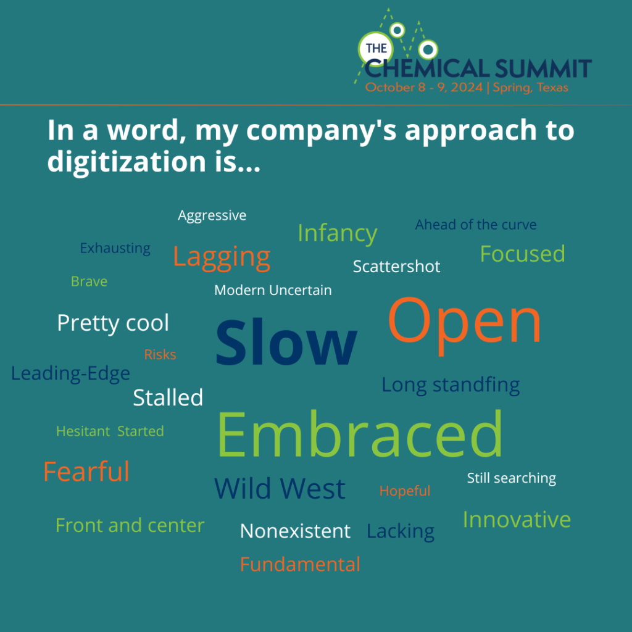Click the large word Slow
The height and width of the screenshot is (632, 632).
tap(286, 342)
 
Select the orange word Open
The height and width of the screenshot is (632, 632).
tap(464, 325)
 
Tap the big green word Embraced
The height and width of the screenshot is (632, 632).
tap(360, 434)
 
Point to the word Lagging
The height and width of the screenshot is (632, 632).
tap(222, 259)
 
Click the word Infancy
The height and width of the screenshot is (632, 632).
tap(338, 234)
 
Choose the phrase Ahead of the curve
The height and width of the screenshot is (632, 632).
tap(476, 225)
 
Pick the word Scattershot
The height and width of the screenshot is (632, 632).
tap(397, 267)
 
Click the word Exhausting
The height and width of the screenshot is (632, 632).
tap(115, 249)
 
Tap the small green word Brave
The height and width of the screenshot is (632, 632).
tap(89, 281)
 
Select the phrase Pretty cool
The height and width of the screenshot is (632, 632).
tap(113, 323)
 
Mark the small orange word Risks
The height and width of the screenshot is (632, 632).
tap(160, 355)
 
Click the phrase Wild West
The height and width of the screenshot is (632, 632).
tap(280, 489)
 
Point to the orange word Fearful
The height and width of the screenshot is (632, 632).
tap(86, 471)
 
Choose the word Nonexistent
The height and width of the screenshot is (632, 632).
tap(295, 531)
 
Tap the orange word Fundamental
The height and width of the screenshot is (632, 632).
tap(300, 564)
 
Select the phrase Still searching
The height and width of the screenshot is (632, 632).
tap(512, 478)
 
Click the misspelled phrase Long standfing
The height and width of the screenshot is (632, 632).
tap(451, 385)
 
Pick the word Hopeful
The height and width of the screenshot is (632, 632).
tap(405, 491)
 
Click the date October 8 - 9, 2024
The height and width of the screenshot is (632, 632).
tap(424, 88)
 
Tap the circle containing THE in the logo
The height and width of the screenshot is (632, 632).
tap(376, 48)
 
